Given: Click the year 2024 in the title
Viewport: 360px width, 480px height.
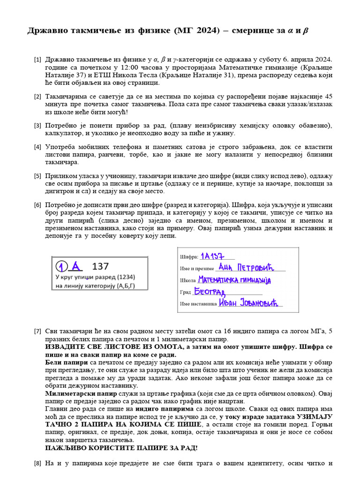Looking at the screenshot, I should click(x=207, y=31).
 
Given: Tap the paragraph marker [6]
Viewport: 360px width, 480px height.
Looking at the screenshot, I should click(x=37, y=205).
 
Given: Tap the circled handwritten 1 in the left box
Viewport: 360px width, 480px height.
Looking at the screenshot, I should click(x=61, y=267).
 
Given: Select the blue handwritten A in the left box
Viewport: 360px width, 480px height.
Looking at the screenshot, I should click(x=76, y=266).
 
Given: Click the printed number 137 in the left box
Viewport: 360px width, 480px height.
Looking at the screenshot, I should click(x=100, y=267).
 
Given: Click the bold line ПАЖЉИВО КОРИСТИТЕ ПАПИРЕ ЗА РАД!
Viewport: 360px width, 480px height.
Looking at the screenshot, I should click(x=121, y=448).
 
